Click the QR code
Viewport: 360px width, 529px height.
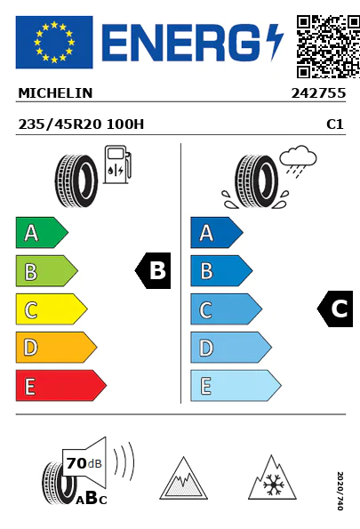coord(328,46)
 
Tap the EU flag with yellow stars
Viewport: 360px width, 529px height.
coord(54,42)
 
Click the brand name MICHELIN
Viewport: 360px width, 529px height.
coord(55,93)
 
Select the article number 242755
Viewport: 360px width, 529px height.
coord(318,93)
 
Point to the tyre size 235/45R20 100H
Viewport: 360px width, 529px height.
coord(81,124)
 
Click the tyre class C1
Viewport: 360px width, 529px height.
coord(335,124)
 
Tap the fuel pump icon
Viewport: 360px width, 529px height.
coord(117,164)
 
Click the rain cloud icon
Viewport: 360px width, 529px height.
coord(298,161)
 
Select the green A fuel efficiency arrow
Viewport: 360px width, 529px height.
coord(42,232)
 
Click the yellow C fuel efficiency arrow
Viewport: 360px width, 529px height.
coord(52,309)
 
